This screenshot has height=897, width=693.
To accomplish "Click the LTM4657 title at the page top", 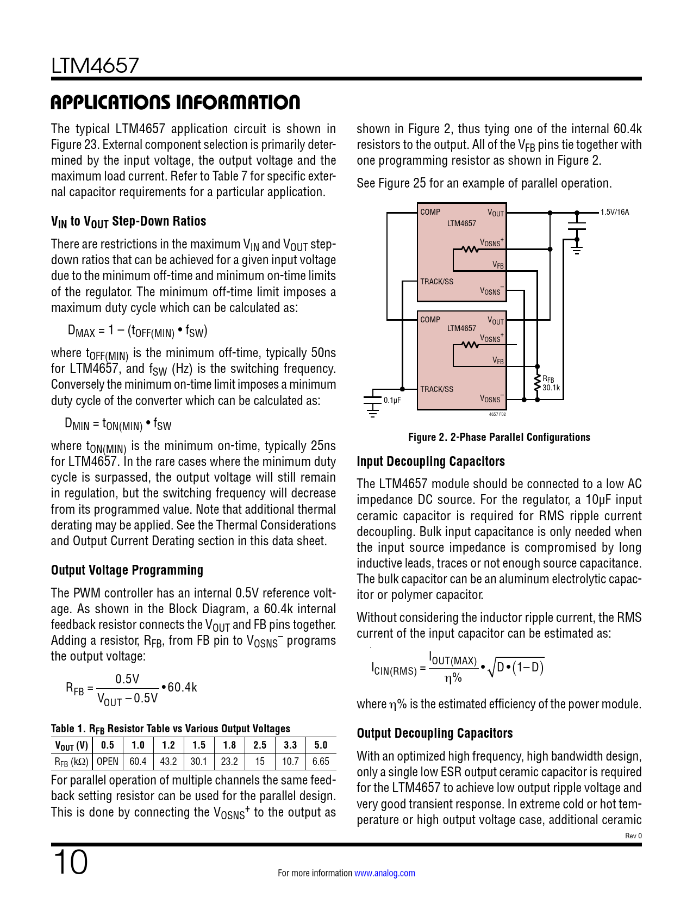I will tap(95, 66).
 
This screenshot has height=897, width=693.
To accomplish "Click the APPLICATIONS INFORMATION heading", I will tap(175, 102).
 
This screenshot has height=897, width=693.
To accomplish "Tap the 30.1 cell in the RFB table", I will tap(199, 762).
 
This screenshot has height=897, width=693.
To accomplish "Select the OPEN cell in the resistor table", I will tap(108, 762).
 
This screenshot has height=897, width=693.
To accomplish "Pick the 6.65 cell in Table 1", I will tap(321, 762).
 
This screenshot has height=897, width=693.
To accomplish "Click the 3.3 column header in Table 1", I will tap(290, 745).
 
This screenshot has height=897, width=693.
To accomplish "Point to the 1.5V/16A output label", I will tap(615, 212).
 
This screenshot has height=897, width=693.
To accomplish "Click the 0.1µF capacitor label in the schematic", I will tap(392, 400).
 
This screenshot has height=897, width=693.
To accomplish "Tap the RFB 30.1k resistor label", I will tap(550, 383).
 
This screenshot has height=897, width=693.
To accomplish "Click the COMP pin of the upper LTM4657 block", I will tap(430, 212).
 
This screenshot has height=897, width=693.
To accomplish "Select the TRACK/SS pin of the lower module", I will tap(436, 389).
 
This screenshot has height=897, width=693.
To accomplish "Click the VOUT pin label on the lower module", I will tap(495, 321).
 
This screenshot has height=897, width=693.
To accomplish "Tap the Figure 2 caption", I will tap(499, 437).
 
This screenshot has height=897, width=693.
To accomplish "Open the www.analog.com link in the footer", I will tap(385, 873).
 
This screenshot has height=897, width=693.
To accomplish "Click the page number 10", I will tap(70, 862).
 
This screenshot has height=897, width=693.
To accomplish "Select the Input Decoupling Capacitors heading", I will tap(430, 462).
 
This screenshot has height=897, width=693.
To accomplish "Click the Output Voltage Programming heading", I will tap(127, 570).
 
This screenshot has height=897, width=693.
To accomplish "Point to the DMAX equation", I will tap(138, 331).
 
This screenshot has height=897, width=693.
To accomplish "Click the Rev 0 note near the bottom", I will tap(633, 836).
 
